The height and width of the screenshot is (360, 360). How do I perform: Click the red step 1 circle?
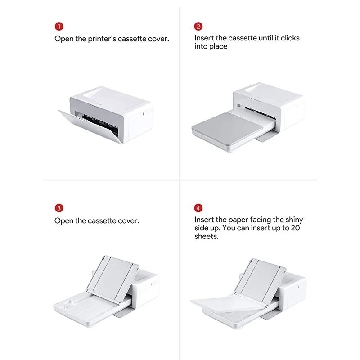(x=59, y=26)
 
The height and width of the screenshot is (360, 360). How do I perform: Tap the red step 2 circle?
(x=199, y=26)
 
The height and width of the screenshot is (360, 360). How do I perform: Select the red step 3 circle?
(x=59, y=208)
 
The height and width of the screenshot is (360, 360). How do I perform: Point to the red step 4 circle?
(x=199, y=208)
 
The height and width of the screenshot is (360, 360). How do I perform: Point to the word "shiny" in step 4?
(x=294, y=220)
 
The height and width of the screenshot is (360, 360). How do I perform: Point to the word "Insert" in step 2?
(x=204, y=38)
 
